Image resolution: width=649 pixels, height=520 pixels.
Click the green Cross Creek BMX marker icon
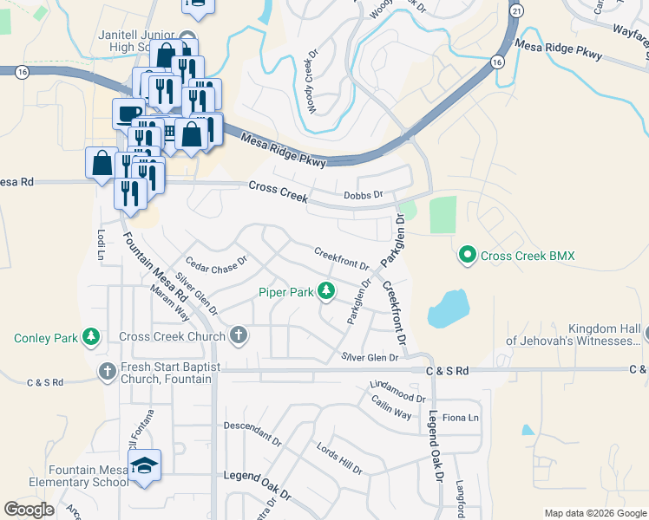click(468, 256)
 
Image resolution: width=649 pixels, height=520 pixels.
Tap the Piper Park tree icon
click(326, 292)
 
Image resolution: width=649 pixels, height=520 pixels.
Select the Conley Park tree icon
click(90, 337)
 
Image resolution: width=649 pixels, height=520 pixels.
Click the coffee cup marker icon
click(128, 114)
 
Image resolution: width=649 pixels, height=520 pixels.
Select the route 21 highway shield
click(518, 10)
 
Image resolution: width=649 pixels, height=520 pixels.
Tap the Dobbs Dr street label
click(363, 196)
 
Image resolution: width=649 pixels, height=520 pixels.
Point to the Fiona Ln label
click(461, 418)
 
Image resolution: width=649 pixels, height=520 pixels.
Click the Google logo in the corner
click(29, 510)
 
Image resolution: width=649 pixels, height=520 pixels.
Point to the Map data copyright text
click(594, 513)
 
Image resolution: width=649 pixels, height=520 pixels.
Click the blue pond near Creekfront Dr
click(448, 308)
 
